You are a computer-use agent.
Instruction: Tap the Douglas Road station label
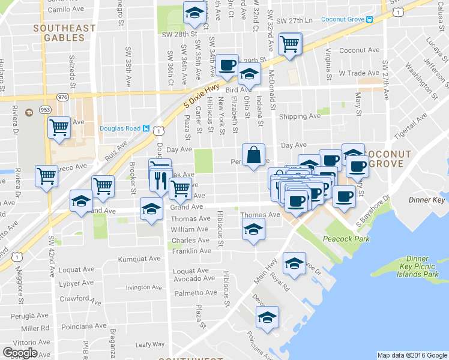[x=120, y=128]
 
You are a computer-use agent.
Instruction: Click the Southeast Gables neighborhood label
[x=64, y=33]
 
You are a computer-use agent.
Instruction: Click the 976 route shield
[x=63, y=97]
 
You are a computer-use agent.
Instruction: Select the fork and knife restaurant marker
[x=160, y=180]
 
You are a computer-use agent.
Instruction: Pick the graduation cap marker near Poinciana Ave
[x=267, y=317]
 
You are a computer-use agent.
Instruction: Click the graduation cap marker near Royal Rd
[x=294, y=263]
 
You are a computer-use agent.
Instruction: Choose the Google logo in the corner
[x=20, y=353]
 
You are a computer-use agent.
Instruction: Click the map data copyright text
[x=412, y=355]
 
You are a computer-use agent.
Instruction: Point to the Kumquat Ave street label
[x=140, y=259]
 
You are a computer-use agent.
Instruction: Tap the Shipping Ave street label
[x=300, y=116]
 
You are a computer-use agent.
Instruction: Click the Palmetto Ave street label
[x=192, y=293]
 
